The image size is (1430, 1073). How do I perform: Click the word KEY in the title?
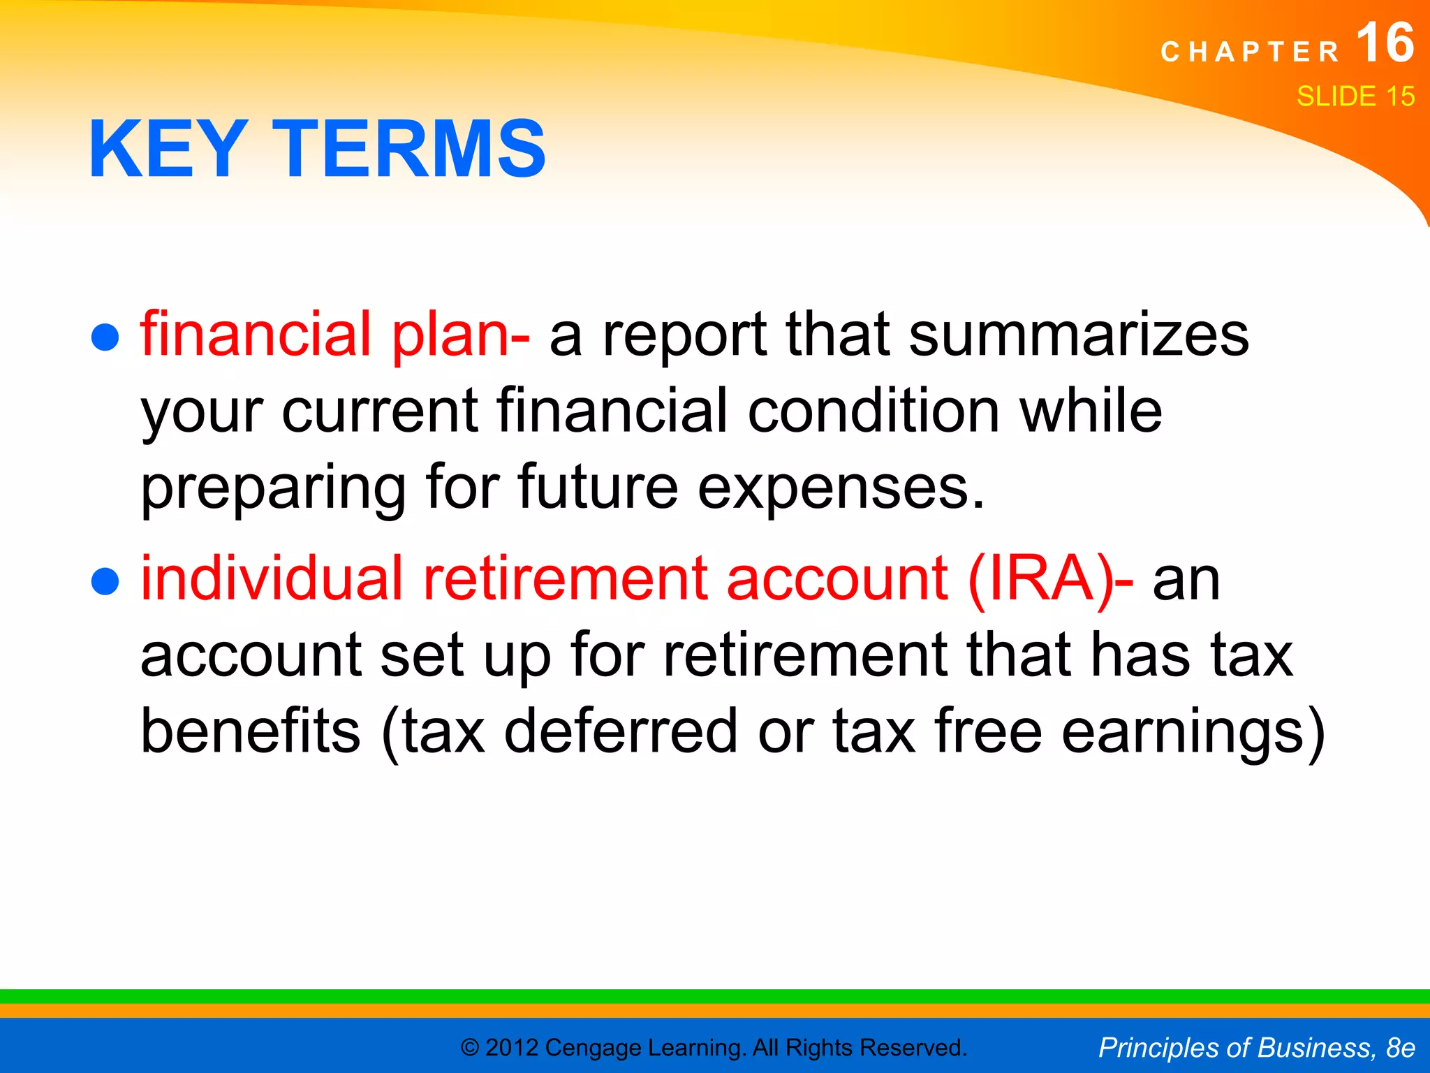(168, 149)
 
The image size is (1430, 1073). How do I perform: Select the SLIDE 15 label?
(1355, 96)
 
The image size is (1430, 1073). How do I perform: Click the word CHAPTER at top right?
(1250, 52)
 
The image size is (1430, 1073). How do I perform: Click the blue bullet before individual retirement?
(105, 582)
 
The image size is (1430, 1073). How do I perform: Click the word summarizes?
(1079, 335)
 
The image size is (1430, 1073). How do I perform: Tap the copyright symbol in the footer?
(471, 1048)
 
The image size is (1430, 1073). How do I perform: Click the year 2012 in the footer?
(512, 1048)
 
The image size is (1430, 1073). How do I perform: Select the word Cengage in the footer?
(593, 1048)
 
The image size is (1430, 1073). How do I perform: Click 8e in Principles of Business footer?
(1400, 1048)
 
